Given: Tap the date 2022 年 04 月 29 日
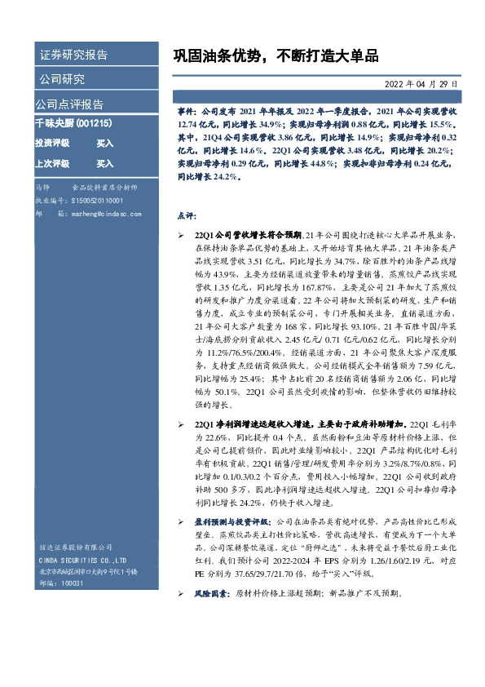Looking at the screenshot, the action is click(422, 84).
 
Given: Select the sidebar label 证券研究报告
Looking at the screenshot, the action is click(73, 55).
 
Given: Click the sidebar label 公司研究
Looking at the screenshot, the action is click(62, 79).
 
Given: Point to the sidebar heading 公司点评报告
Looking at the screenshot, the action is click(68, 104).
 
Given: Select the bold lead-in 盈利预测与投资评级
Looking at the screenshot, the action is click(231, 520).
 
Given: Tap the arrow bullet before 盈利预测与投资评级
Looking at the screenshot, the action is click(181, 520).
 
